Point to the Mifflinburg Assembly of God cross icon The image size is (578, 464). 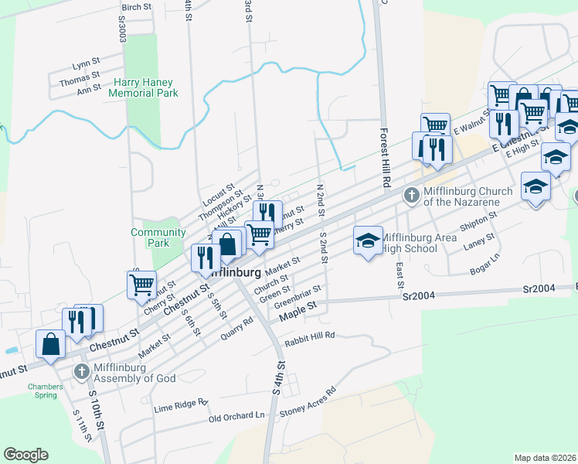tap(81, 372)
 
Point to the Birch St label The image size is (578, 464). tap(136, 6)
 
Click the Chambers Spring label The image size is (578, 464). tap(42, 391)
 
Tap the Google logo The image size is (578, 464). tap(25, 455)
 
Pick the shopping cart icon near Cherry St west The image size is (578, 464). tap(142, 285)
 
